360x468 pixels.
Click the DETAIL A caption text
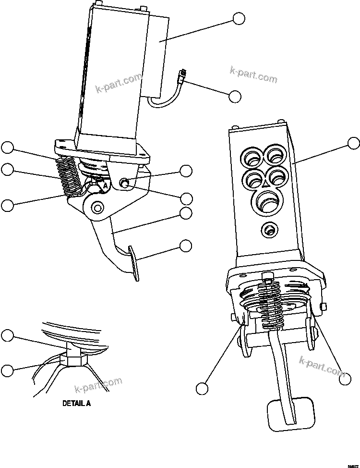click(x=76, y=403)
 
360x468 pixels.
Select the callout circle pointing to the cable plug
click(x=235, y=96)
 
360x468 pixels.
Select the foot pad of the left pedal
click(x=134, y=263)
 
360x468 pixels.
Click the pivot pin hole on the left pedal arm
click(x=97, y=208)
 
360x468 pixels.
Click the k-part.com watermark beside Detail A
click(x=98, y=385)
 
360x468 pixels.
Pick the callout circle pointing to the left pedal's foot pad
click(x=186, y=246)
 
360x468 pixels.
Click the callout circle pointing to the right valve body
click(x=353, y=143)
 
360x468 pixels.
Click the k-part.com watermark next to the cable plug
click(x=253, y=75)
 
